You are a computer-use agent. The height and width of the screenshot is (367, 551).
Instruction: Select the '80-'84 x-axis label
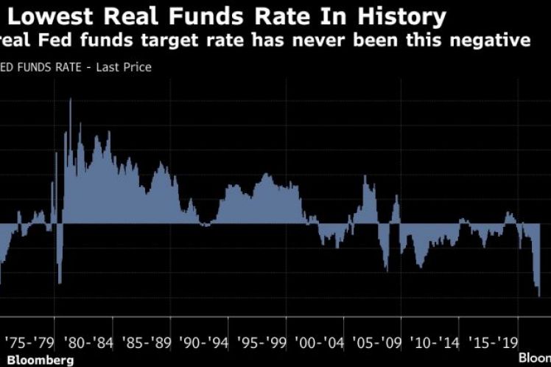(88, 343)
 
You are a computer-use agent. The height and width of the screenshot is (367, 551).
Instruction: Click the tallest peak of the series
(70, 100)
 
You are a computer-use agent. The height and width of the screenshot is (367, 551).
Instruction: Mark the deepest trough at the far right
(539, 296)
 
